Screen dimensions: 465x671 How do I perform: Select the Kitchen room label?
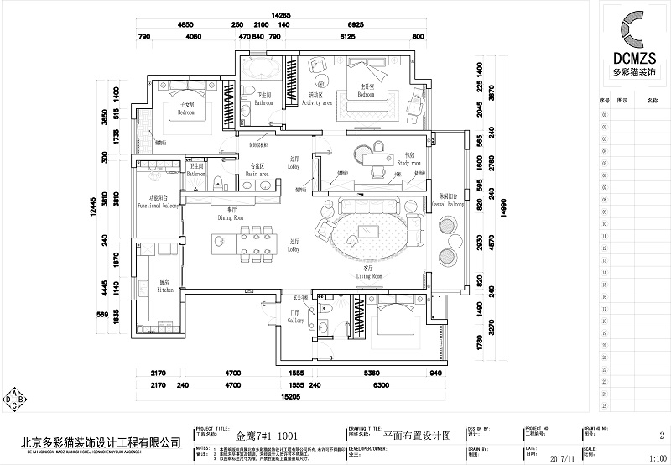(165, 286)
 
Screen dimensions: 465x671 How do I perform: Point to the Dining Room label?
(231, 213)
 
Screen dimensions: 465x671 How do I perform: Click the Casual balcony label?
(448, 200)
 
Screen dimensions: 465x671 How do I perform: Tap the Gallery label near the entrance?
(295, 317)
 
